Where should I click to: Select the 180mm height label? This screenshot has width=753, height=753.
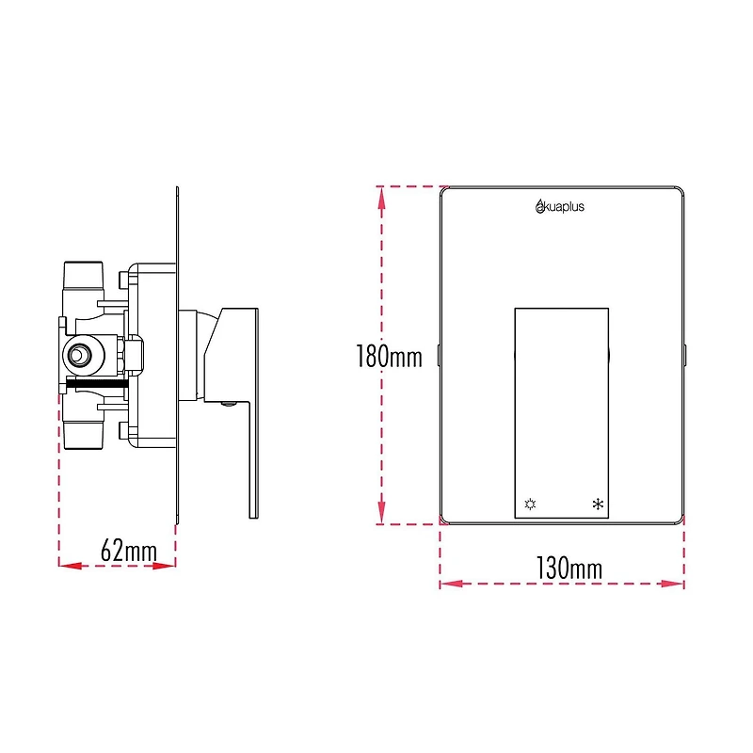click(x=388, y=358)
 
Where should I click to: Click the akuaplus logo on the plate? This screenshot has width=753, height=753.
click(x=559, y=207)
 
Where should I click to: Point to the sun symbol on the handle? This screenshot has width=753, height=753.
click(x=530, y=505)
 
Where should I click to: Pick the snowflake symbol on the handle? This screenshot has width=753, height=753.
click(x=597, y=505)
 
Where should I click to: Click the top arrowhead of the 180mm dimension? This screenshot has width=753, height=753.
click(x=381, y=194)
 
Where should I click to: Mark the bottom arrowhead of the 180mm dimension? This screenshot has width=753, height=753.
click(x=381, y=517)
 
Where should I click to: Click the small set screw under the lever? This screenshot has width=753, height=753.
click(x=226, y=405)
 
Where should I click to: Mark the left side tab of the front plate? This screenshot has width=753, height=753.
click(x=440, y=356)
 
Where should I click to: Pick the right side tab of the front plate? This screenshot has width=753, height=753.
click(x=685, y=356)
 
